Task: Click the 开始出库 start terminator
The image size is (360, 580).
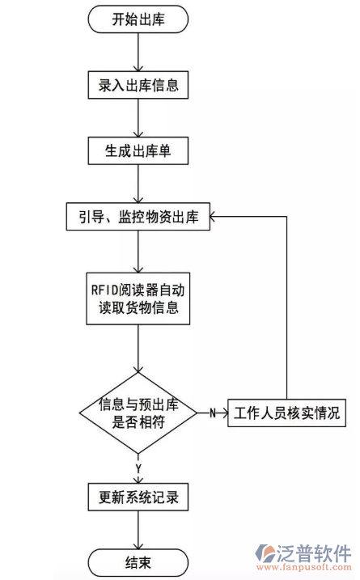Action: [x=138, y=19]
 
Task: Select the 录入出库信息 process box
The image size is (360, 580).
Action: [x=138, y=83]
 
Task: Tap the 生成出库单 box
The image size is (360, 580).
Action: [x=138, y=150]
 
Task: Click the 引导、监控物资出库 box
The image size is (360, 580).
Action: [x=138, y=216]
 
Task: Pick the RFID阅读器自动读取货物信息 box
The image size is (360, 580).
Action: [x=138, y=298]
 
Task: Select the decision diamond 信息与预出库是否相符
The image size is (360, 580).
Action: [x=138, y=413]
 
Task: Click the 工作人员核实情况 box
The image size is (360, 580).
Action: [x=286, y=413]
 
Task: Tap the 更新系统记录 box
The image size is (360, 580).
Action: [x=138, y=497]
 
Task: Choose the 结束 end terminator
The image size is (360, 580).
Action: [x=138, y=562]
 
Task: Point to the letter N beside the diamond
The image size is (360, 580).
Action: [x=212, y=413]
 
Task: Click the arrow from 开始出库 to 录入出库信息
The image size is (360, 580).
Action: [x=138, y=51]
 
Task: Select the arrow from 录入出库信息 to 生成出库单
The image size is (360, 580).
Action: [x=138, y=117]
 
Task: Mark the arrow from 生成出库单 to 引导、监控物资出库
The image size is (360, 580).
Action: [x=138, y=183]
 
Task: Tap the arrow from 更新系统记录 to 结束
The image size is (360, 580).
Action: [x=138, y=530]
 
